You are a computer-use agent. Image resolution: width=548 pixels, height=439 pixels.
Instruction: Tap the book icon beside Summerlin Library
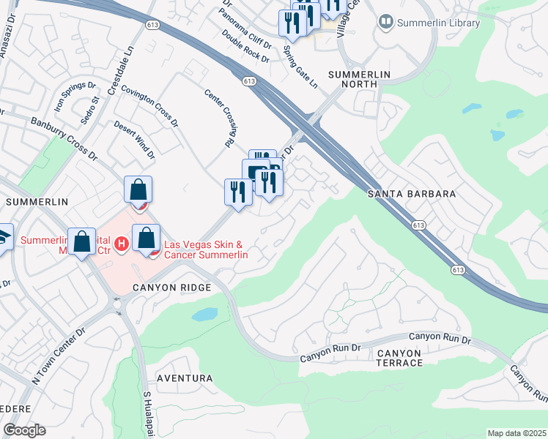pyautogui.click(x=385, y=23)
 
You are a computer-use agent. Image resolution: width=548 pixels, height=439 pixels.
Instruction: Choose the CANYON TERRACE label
pyautogui.click(x=400, y=357)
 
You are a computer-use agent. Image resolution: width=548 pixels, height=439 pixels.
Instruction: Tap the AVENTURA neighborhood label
pyautogui.click(x=185, y=378)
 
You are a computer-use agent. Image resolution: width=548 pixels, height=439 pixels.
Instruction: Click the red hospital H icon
pyautogui.click(x=123, y=242)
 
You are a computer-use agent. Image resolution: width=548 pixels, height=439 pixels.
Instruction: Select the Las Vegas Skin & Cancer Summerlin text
pyautogui.click(x=206, y=250)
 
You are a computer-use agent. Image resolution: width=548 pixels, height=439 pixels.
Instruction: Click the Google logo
pyautogui.click(x=24, y=430)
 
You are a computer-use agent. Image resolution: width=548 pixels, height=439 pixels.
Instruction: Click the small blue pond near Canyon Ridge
pyautogui.click(x=204, y=315)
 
